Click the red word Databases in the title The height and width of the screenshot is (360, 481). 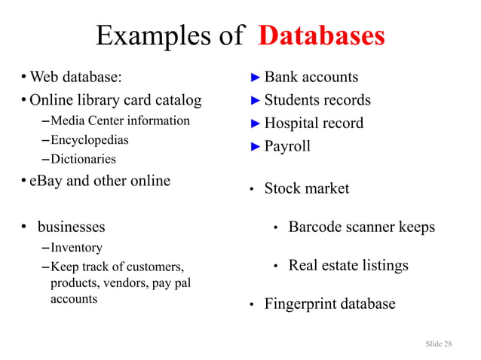[x=321, y=35]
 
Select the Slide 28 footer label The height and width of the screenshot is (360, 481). [x=439, y=343]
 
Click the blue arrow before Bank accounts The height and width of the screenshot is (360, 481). [x=256, y=77]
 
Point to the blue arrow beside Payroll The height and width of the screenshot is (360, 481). [x=256, y=146]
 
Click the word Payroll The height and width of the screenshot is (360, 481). [x=287, y=146]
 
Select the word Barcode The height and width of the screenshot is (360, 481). [x=317, y=227]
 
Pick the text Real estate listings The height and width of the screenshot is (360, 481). [x=348, y=265]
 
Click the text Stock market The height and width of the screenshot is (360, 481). [x=306, y=188]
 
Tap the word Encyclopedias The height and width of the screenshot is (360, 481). [x=89, y=140]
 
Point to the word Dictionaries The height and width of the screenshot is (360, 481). [x=83, y=159]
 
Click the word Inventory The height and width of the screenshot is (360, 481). [x=76, y=247]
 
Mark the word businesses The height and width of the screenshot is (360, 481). [x=72, y=227]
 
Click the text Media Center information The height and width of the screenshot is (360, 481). [x=120, y=121]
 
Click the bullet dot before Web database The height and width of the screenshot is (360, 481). [x=24, y=77]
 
